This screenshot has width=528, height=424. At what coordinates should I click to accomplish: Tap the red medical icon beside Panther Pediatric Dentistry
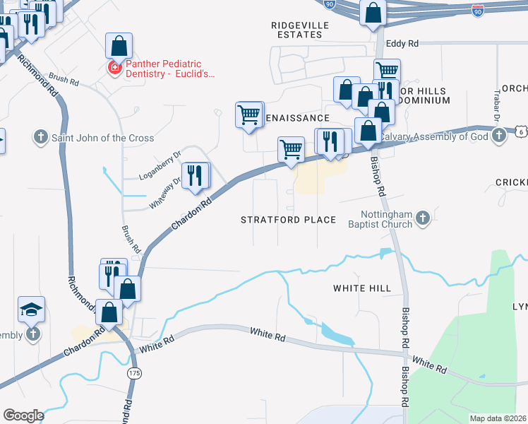113,68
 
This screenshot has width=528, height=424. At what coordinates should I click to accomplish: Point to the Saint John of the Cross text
102,138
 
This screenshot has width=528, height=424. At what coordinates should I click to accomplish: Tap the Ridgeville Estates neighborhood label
300,29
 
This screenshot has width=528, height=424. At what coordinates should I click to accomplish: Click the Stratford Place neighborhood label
288,220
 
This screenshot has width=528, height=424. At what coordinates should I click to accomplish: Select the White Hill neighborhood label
361,288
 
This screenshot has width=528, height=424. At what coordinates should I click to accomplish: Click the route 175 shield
133,372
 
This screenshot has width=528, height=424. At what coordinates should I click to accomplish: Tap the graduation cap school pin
32,309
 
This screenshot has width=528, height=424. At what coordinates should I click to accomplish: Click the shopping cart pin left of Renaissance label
248,114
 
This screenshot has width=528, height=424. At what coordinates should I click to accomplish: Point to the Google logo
23,416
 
